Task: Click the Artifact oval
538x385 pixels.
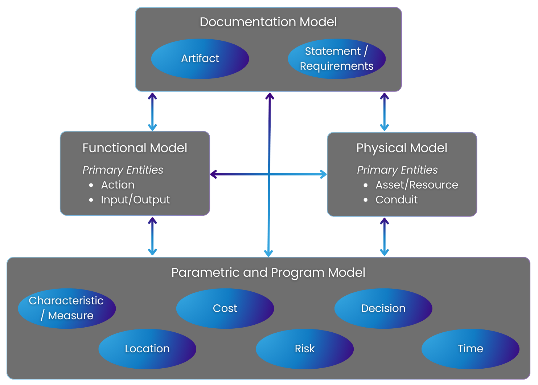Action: coord(200,58)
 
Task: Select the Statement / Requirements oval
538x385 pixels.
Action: coord(336,58)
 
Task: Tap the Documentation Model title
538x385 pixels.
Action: coord(268,22)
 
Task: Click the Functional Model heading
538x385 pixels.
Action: coord(135,148)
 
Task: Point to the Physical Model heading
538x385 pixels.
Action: coord(402,148)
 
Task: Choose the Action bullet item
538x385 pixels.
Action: coord(118,185)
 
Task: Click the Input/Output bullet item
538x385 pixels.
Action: coord(135,200)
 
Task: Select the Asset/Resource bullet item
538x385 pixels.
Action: coord(416,185)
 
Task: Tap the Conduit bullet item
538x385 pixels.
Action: coord(397,200)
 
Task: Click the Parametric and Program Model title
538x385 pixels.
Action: coord(268,272)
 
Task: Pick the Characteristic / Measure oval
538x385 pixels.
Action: coord(67,308)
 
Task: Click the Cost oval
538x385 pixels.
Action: coord(225,308)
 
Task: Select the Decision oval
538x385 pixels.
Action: coord(383,308)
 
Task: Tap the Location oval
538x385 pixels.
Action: coord(147,349)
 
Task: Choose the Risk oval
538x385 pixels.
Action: coord(305,349)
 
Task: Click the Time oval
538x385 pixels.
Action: coord(470,349)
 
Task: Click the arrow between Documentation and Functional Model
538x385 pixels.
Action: coord(152,112)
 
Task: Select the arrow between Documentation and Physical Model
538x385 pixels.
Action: coord(384,112)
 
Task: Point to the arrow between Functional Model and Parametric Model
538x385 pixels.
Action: coord(152,236)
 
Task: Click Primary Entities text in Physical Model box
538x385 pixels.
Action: coord(397,170)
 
